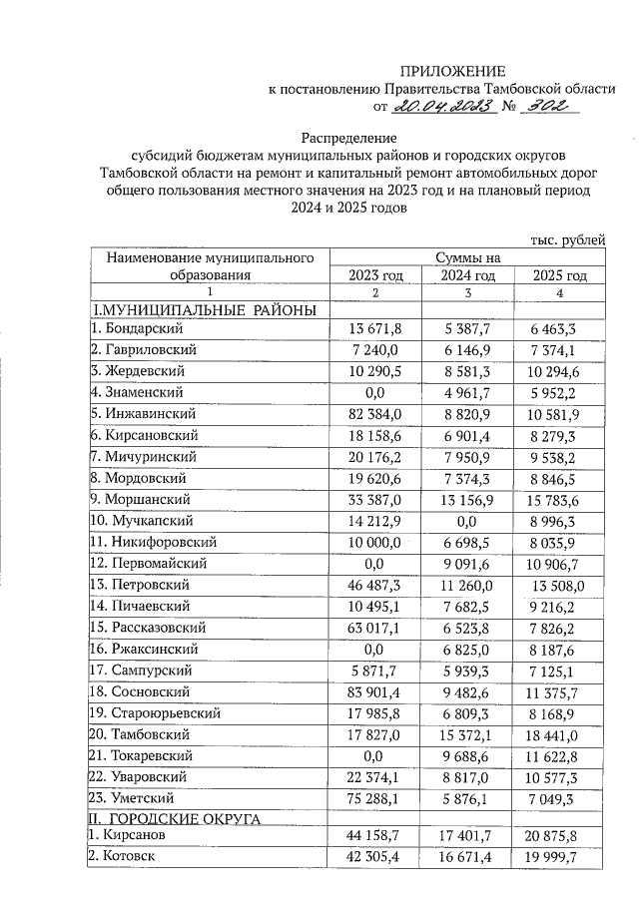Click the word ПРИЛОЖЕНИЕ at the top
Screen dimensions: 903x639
(x=453, y=70)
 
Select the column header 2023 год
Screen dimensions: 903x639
(x=374, y=275)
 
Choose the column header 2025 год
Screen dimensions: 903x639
(x=559, y=275)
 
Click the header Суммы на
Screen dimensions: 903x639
(x=466, y=257)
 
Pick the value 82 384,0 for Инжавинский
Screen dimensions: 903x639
(x=374, y=413)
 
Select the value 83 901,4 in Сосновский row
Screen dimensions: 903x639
(x=374, y=690)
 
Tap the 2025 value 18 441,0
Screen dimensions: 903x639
(x=559, y=733)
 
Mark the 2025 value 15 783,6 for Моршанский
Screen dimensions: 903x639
(x=559, y=499)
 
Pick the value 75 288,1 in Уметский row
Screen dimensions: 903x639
(x=374, y=797)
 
